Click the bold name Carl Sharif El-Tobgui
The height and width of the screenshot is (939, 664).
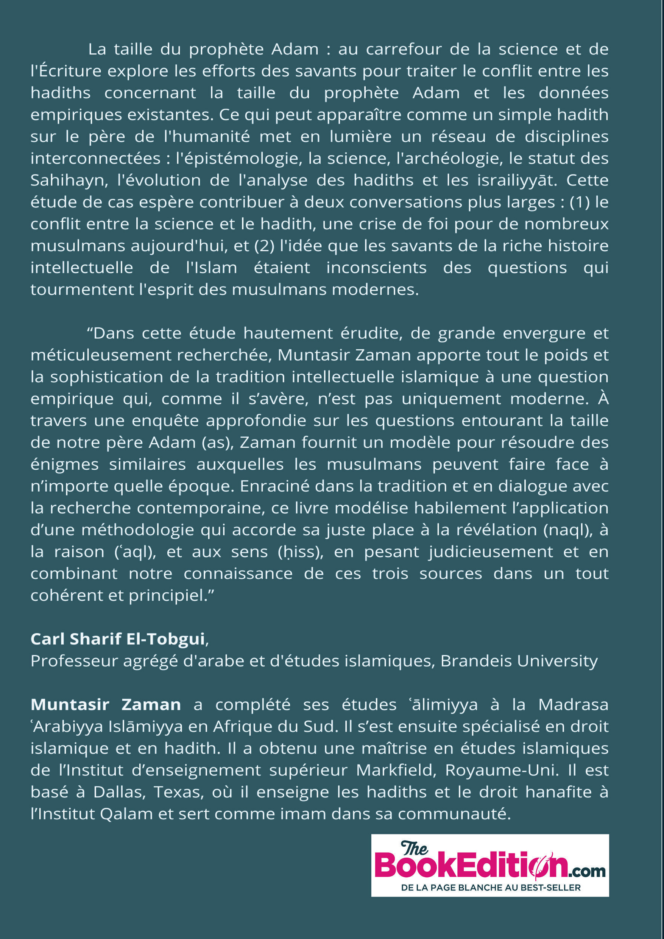[118, 639]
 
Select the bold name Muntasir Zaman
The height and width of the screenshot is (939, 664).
[106, 705]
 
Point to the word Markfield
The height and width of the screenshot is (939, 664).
[394, 771]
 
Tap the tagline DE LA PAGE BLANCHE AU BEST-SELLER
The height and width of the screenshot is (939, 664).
[491, 888]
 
